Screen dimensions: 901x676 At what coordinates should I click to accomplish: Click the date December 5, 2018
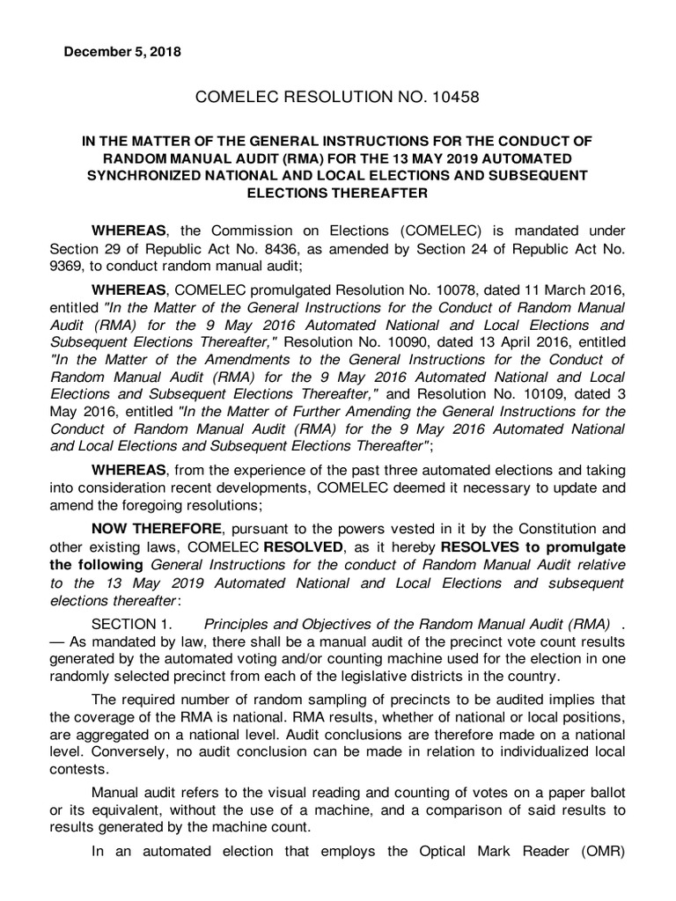point(123,52)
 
